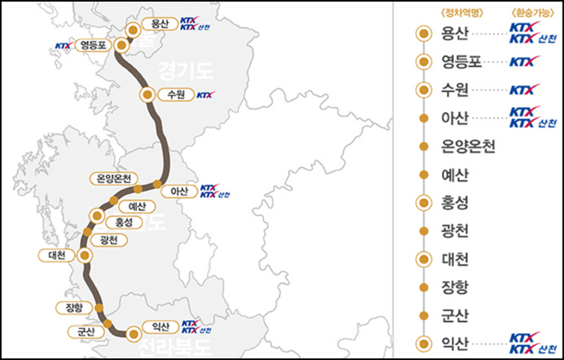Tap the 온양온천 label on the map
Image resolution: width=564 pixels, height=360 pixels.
tap(114, 178)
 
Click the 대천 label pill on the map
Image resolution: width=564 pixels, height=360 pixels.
tap(57, 256)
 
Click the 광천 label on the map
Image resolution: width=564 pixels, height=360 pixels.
tap(109, 240)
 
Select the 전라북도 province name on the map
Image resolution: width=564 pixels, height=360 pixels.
tap(175, 348)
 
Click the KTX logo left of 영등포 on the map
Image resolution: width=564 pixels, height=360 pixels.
tap(63, 46)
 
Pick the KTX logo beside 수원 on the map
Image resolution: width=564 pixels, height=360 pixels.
tap(205, 95)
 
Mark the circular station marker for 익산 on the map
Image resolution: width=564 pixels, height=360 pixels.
tap(133, 334)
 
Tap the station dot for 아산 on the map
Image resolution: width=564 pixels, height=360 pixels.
tap(157, 184)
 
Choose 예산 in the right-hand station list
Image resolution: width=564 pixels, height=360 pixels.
tap(454, 175)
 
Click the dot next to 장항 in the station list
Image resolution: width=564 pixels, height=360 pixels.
tap(423, 288)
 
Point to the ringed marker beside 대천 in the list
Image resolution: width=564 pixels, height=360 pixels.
tap(423, 259)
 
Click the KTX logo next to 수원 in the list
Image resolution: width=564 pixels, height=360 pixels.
tap(525, 90)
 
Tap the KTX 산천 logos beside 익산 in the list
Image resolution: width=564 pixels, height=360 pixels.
tap(532, 344)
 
